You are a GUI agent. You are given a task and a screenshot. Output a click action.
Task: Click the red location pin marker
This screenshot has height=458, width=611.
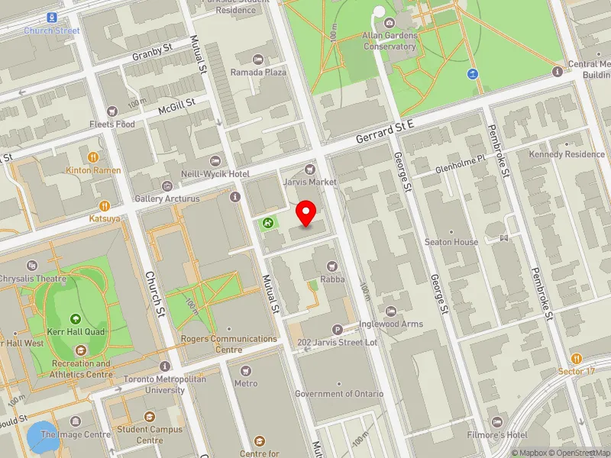tap(306, 213)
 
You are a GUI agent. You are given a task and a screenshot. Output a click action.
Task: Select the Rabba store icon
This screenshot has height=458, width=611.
tap(331, 266)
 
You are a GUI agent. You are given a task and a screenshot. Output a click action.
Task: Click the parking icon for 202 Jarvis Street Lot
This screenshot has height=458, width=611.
tap(337, 330)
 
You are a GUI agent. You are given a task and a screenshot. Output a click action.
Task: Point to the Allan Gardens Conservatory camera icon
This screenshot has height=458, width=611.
tap(390, 24)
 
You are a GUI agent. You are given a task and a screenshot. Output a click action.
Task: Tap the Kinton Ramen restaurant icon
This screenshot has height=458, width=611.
tap(93, 157)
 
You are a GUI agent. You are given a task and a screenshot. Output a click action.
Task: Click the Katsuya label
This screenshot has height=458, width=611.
tap(104, 218)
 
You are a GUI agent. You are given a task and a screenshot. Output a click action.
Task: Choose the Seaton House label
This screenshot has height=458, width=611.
tap(451, 242)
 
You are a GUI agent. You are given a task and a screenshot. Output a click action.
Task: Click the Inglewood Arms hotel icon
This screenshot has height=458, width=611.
tap(391, 311)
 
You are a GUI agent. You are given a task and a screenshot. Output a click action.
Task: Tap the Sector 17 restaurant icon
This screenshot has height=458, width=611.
tap(576, 358)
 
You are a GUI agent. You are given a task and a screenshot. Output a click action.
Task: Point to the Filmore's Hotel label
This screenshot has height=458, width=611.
tap(499, 435)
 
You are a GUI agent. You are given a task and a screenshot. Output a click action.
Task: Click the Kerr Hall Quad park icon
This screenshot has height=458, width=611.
tap(75, 319)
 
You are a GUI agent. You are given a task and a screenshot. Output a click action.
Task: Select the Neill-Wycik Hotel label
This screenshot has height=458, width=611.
tap(215, 174)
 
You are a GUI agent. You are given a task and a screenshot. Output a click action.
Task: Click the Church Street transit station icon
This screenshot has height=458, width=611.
tap(51, 17)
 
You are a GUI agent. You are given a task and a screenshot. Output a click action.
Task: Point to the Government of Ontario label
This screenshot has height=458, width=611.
tap(340, 394)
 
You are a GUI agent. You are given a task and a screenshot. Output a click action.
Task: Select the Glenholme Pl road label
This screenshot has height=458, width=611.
tap(460, 164)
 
